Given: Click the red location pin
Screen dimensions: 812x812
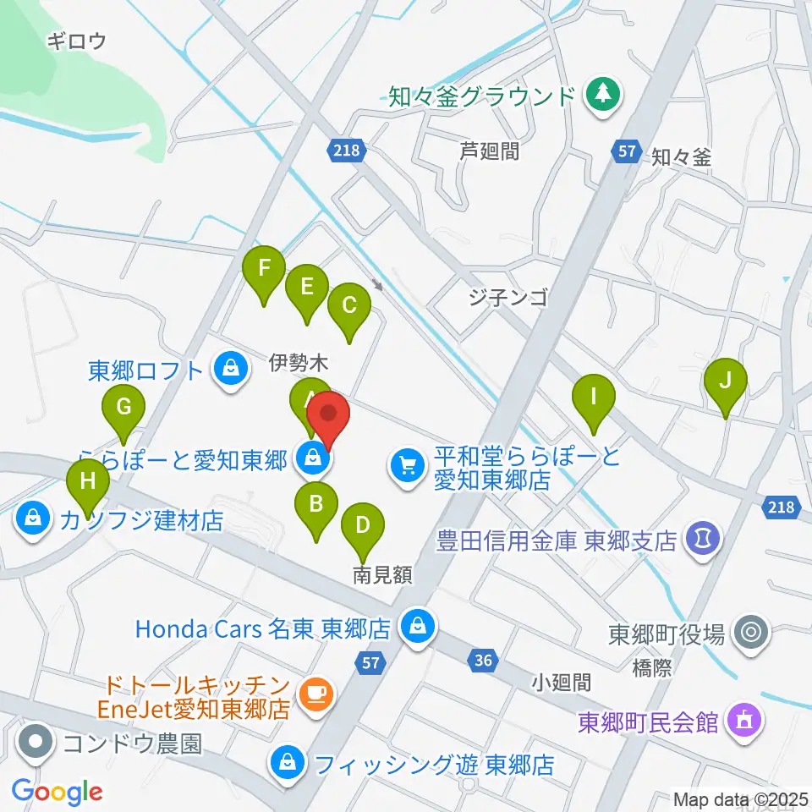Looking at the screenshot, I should point(328,417).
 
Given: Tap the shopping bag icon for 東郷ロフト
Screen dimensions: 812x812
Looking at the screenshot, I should point(229,370).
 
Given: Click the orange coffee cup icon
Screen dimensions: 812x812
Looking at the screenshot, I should point(318,694).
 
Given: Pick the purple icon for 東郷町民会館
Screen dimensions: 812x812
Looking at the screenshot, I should point(744,721).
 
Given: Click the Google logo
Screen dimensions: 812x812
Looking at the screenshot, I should point(58,791).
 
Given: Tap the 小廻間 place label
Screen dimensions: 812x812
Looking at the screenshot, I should point(562,682).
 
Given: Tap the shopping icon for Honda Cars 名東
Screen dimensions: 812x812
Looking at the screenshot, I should point(416,628).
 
